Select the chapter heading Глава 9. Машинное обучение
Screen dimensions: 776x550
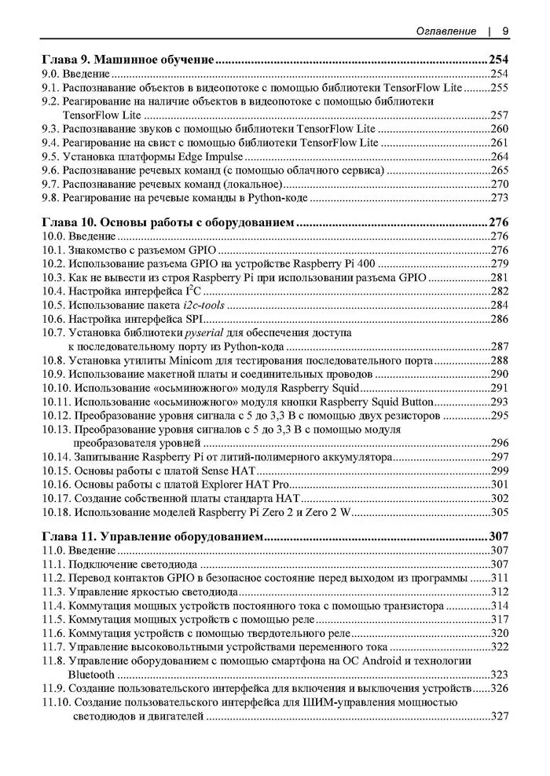[128, 58]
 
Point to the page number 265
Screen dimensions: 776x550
[500, 171]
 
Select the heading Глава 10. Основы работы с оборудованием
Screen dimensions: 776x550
[167, 223]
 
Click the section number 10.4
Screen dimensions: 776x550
[53, 291]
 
